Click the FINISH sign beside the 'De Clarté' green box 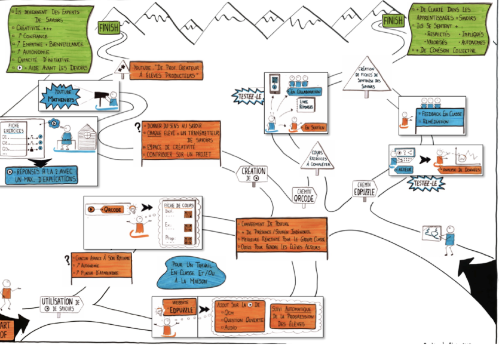[x=393, y=21]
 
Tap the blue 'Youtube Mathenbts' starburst [x=62, y=95]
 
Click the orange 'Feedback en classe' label [x=441, y=113]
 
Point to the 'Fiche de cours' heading [x=177, y=206]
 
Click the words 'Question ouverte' [x=241, y=319]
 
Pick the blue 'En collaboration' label [x=305, y=93]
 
